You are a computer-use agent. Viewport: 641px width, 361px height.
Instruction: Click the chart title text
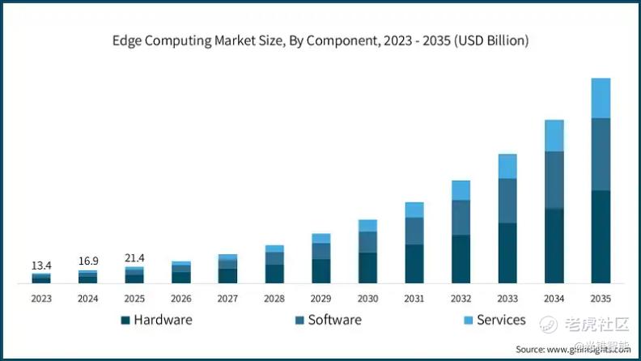(320, 40)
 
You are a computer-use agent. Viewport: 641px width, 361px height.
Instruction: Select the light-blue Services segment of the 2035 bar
(601, 98)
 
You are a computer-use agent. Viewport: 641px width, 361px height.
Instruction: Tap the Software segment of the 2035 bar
(601, 154)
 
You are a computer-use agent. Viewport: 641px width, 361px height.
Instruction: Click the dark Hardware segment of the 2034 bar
(554, 246)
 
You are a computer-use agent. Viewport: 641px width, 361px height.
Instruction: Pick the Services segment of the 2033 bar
(507, 166)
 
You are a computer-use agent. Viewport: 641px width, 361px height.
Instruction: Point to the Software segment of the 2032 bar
(461, 217)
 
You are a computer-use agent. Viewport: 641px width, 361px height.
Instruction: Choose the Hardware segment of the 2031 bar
(414, 264)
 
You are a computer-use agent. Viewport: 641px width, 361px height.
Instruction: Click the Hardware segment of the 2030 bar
(367, 268)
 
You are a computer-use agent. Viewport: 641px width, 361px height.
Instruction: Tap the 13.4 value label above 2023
(41, 265)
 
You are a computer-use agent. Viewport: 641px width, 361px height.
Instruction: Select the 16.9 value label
(87, 261)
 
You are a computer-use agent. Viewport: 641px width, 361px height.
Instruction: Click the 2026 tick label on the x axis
(181, 299)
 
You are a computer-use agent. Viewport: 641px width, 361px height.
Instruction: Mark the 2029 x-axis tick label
(320, 299)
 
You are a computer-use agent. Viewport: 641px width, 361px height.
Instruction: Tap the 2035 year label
(601, 299)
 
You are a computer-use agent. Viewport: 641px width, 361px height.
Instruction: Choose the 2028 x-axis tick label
(274, 299)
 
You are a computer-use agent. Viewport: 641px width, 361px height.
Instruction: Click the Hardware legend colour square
(125, 321)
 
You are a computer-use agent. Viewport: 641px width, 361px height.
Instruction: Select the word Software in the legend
(334, 320)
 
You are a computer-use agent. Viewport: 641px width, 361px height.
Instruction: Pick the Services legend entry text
(501, 320)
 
